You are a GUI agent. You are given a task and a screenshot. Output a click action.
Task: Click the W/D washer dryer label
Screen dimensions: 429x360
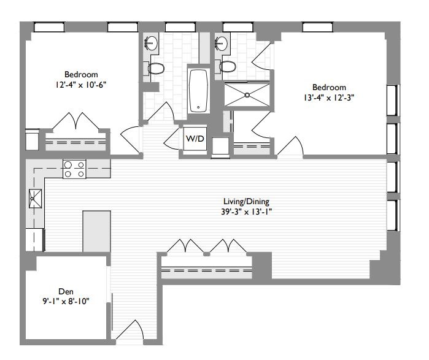(x=195, y=139)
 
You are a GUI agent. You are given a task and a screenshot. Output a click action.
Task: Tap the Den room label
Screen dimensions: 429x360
(x=66, y=291)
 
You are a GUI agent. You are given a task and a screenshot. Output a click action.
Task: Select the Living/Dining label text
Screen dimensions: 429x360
(x=246, y=202)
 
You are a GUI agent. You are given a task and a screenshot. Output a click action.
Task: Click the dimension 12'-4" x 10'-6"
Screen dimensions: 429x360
(x=81, y=85)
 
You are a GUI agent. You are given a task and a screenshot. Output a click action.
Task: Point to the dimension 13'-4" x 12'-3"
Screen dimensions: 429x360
(x=329, y=98)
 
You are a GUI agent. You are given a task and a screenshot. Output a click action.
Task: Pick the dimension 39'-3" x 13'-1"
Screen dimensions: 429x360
(x=246, y=212)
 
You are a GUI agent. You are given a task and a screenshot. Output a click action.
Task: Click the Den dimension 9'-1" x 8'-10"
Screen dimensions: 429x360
(x=66, y=302)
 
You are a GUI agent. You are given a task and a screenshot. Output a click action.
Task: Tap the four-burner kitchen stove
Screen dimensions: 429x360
(x=74, y=169)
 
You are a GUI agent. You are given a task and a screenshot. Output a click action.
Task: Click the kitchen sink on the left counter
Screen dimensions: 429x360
(x=36, y=199)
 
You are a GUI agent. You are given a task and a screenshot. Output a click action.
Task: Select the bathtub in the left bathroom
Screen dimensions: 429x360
(x=198, y=91)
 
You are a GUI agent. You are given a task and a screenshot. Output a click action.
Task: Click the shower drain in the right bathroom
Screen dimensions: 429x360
(x=247, y=95)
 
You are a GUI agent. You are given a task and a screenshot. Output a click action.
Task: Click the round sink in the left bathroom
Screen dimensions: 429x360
(x=150, y=43)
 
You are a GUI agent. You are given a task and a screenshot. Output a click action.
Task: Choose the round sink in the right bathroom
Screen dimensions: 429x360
(x=222, y=43)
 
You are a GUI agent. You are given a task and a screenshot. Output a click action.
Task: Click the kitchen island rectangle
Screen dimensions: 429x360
(x=96, y=231)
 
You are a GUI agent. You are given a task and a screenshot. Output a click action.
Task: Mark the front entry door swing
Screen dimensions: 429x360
(x=130, y=330)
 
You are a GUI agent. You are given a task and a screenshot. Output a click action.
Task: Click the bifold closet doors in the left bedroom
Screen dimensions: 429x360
(x=75, y=121)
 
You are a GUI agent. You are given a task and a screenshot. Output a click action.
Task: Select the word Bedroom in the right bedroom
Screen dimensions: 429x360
(x=329, y=87)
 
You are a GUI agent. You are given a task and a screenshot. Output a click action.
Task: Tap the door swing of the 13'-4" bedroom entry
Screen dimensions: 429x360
(x=290, y=146)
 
